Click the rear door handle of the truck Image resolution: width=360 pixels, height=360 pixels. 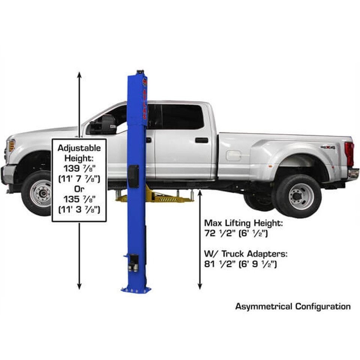coord(201,140)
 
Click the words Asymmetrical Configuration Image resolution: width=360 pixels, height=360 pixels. coord(292,306)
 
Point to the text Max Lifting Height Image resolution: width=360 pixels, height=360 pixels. coord(243,223)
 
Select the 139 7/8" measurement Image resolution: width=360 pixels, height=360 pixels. coord(79,168)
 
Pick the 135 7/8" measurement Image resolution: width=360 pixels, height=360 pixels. coord(79,199)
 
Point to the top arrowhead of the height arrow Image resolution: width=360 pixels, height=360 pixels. coord(79,74)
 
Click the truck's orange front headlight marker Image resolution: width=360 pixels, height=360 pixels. coord(11,145)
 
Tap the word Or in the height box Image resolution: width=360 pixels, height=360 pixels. coord(79,189)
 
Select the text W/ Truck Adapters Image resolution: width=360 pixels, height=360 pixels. coord(246,254)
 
